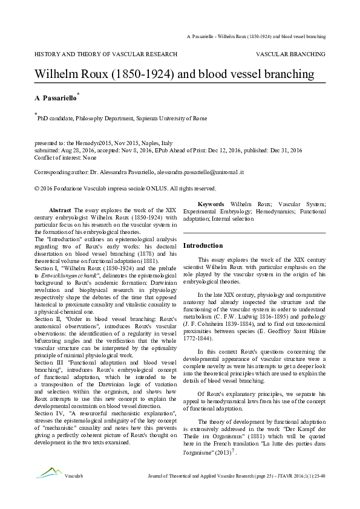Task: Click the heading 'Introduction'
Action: point(203,246)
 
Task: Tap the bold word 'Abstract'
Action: point(60,209)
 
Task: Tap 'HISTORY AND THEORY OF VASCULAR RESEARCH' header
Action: point(106,54)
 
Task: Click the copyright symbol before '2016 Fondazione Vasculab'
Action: point(37,188)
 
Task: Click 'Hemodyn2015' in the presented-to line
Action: point(90,143)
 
